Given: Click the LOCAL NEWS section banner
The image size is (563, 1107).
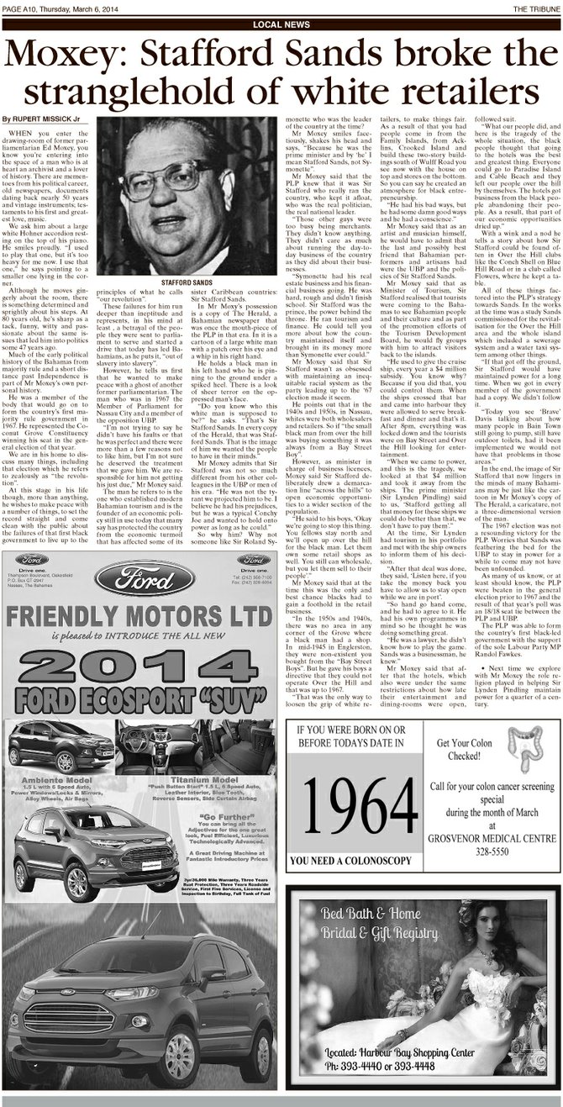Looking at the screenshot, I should point(281,25).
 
